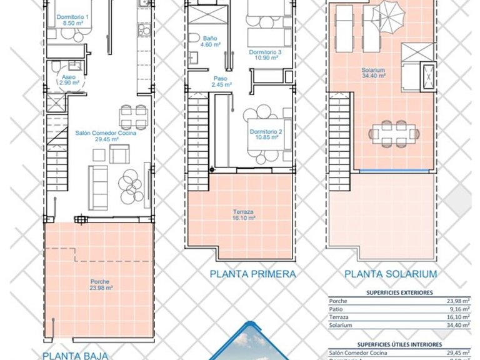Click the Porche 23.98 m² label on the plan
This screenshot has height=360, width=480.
coord(100,285)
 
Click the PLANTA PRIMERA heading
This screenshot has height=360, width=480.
coord(252,274)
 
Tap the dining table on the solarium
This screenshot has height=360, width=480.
coord(392,132)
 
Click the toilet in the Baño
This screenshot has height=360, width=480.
coord(194,36)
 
